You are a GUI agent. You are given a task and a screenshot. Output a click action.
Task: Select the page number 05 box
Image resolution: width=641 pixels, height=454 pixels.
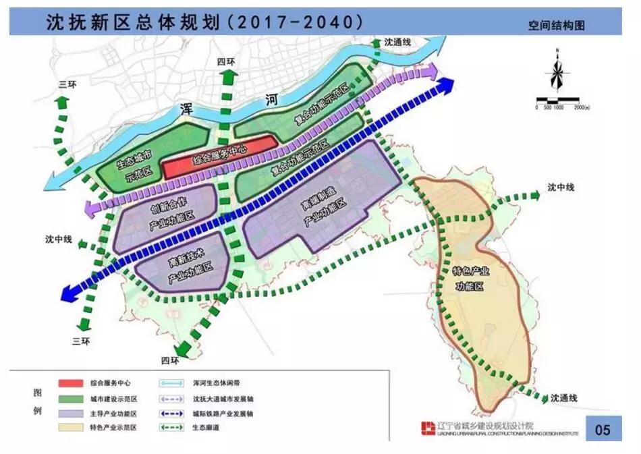(602, 430)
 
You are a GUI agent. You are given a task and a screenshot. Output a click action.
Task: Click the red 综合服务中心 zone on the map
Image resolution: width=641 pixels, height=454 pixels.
(220, 160)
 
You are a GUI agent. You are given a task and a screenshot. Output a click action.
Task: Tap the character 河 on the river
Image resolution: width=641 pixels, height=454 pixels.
(271, 101)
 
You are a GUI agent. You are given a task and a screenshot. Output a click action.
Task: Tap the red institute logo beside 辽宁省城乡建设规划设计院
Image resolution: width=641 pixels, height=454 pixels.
(427, 428)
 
